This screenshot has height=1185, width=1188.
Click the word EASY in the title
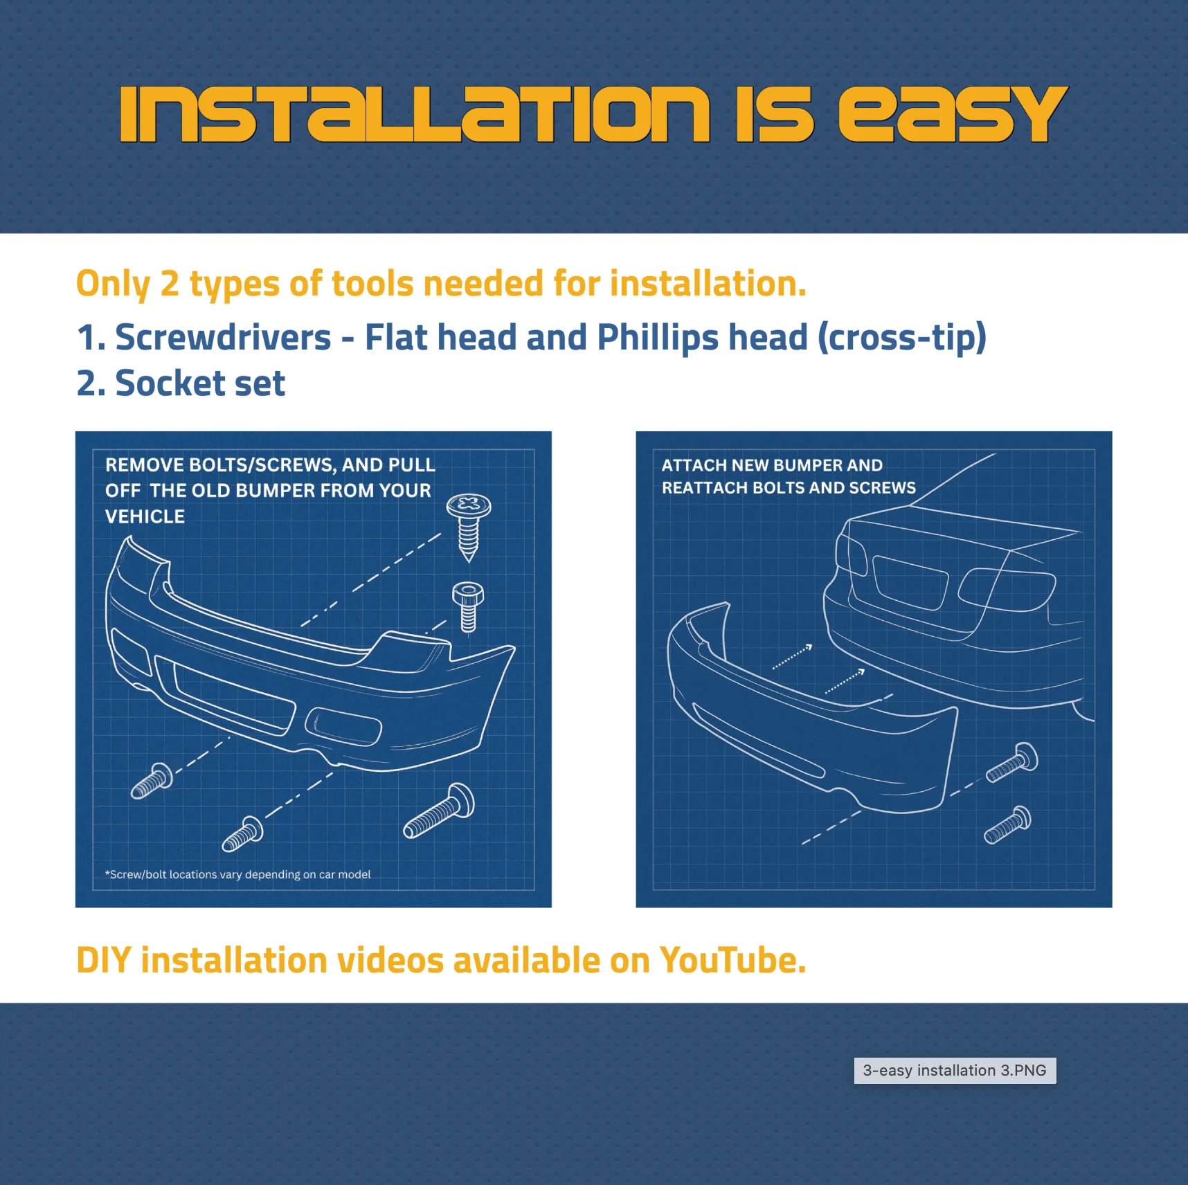coord(953,114)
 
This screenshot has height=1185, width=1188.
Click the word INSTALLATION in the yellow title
coord(415,114)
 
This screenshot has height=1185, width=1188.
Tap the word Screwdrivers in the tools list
coord(223,338)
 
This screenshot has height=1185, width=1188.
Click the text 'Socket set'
coord(200,383)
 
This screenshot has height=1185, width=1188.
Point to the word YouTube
coord(732,961)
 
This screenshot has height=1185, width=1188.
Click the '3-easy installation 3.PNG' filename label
coord(955,1070)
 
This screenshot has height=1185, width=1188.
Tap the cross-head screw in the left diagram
coord(469,527)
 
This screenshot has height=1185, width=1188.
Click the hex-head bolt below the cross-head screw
coord(468,607)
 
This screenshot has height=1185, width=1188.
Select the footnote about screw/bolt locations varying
coord(237,874)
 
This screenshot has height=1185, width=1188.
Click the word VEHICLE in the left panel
coord(145,516)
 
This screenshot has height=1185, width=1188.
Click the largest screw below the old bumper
coord(439,811)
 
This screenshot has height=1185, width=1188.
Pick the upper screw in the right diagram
coord(1012,762)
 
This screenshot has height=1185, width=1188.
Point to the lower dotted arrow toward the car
coord(845,681)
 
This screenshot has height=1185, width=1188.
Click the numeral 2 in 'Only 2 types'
coord(170,284)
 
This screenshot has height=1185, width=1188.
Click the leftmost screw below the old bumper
coord(152,781)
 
